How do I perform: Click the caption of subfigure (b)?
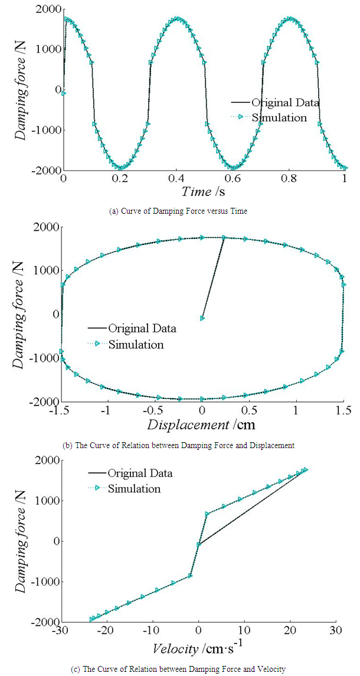tap(179, 445)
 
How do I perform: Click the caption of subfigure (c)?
tap(179, 669)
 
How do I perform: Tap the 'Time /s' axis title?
tap(204, 191)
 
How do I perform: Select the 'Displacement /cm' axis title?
tap(202, 424)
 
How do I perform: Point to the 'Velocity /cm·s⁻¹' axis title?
tap(201, 649)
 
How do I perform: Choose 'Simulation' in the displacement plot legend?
tap(136, 344)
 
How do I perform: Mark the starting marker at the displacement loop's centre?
tap(203, 318)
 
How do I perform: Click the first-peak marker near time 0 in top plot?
tap(67, 19)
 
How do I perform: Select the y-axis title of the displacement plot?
tap(21, 314)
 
